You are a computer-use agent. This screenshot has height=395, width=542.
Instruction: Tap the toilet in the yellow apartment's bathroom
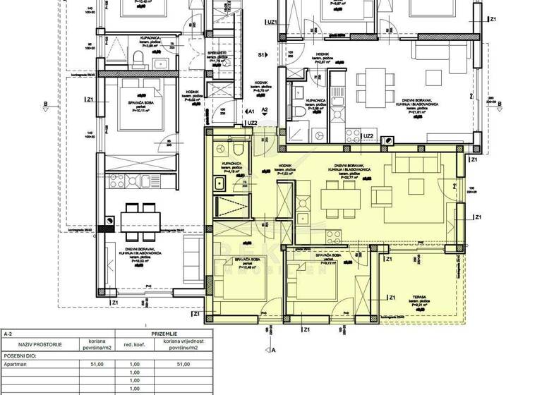[238, 150]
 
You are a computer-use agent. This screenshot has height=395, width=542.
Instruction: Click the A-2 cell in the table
[8, 332]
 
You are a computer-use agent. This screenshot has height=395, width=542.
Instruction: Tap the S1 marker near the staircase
[260, 54]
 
